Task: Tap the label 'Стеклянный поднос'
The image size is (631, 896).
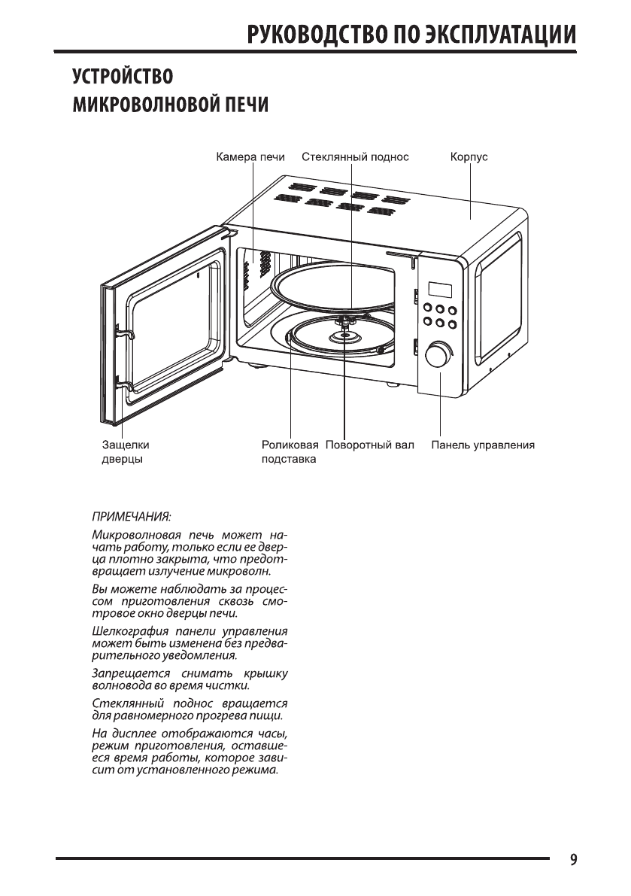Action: tap(355, 157)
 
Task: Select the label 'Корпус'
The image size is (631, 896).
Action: tap(469, 157)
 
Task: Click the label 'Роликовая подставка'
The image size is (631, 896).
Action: tap(284, 451)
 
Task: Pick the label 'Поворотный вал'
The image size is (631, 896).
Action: tap(370, 445)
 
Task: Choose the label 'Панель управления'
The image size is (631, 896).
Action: tap(483, 445)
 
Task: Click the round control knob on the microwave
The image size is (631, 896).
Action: tap(438, 355)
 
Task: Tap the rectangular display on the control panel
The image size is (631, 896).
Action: tap(439, 290)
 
